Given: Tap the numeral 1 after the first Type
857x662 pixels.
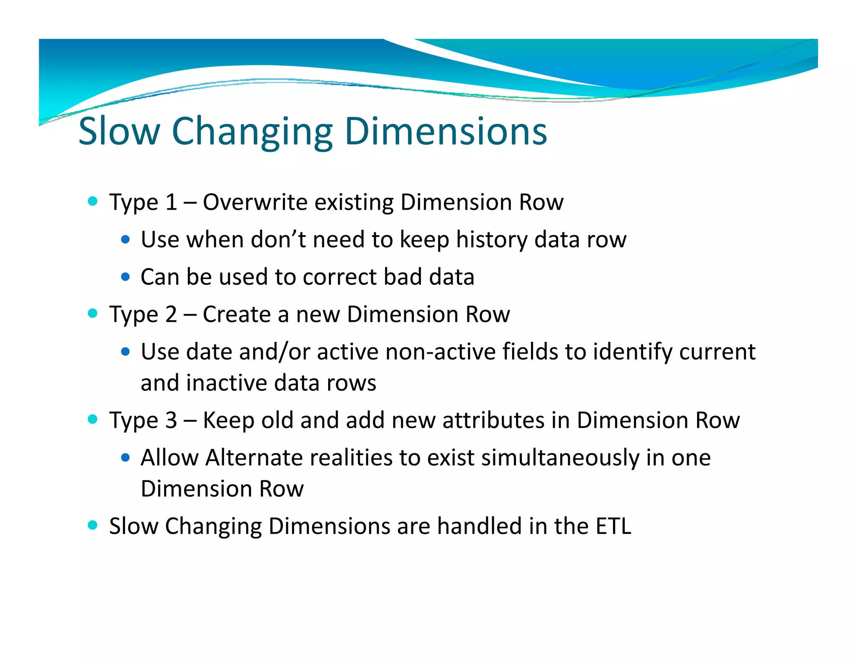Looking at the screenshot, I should [171, 202].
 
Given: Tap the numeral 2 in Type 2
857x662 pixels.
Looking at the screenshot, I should [171, 314].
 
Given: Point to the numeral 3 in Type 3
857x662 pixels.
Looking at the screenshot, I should [171, 420].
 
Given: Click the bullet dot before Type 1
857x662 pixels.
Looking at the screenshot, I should [92, 201].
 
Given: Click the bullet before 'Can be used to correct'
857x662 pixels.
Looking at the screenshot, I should [125, 277].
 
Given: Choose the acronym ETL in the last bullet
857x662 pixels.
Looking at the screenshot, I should [613, 526].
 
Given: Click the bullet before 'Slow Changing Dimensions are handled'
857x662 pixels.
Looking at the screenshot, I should [92, 525].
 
